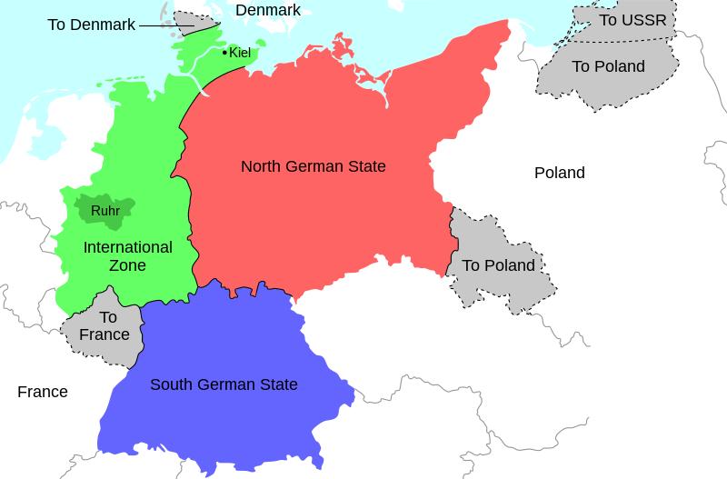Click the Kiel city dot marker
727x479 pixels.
point(224,53)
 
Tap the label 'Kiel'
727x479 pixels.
point(240,53)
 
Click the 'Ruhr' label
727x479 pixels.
point(105,211)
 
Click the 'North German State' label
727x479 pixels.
point(313,166)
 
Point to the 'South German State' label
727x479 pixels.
point(224,384)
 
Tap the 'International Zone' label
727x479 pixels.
point(127,256)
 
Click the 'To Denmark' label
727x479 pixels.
point(91,25)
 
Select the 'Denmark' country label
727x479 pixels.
point(267,10)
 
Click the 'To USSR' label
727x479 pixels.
point(632,20)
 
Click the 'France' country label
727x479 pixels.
point(43,392)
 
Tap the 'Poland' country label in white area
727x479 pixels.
point(559,173)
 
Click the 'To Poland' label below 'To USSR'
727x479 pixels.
point(608,66)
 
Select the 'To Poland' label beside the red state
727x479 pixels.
point(498,265)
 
